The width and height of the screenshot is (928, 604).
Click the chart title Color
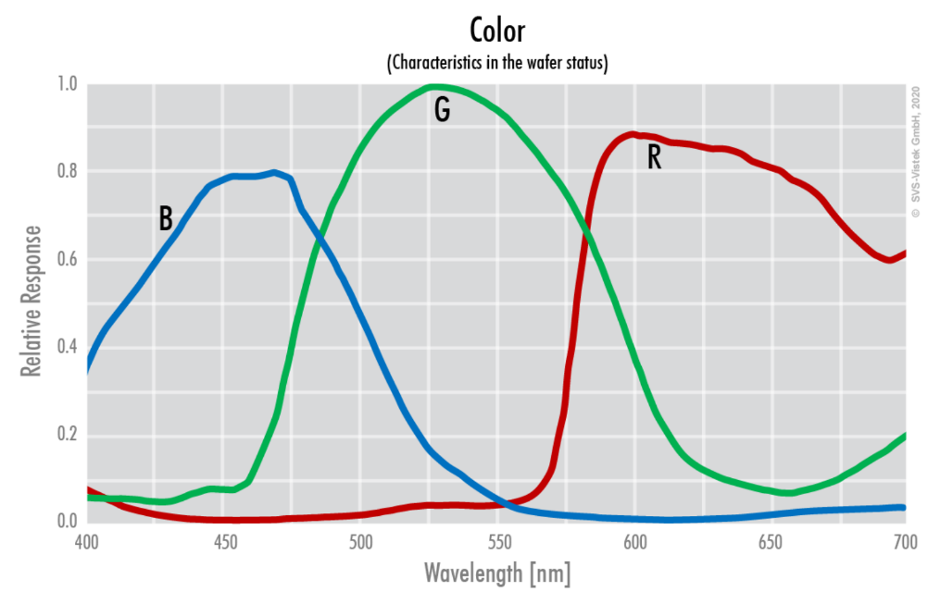pos(497,31)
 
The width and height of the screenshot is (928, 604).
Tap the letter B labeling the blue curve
pos(166,218)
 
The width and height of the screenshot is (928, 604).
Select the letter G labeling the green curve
pos(442,110)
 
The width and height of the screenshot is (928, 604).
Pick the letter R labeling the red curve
pos(654,158)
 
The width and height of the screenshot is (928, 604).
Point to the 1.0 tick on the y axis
pos(67,85)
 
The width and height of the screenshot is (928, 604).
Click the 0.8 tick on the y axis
pos(67,172)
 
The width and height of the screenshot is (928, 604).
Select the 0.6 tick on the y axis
pos(67,260)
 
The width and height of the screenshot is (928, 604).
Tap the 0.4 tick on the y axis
pos(67,347)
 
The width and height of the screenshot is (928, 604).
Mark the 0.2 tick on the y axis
pos(67,435)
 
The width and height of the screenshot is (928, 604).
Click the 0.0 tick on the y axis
pos(67,522)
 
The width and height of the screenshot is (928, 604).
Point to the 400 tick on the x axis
pos(87,540)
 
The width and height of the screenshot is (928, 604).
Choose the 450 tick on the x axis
pos(223,540)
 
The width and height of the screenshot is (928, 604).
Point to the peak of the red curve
pos(633,134)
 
